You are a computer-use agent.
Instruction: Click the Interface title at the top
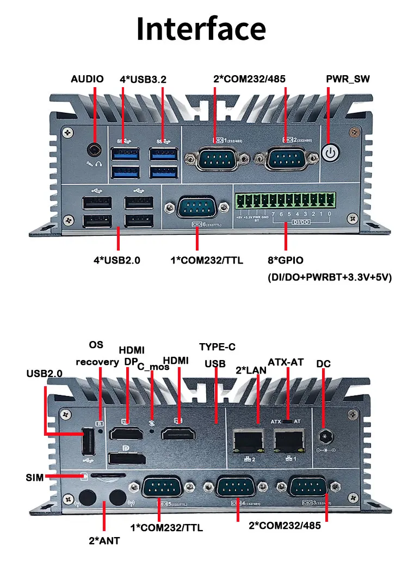click(x=201, y=28)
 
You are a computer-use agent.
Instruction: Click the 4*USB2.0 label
click(x=117, y=260)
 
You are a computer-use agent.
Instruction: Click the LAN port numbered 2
click(x=248, y=438)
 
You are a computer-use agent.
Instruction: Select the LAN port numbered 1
click(x=288, y=438)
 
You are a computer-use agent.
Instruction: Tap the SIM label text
click(x=35, y=478)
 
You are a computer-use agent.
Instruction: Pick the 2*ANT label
click(x=104, y=541)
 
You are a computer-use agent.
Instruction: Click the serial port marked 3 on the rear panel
click(x=308, y=487)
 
